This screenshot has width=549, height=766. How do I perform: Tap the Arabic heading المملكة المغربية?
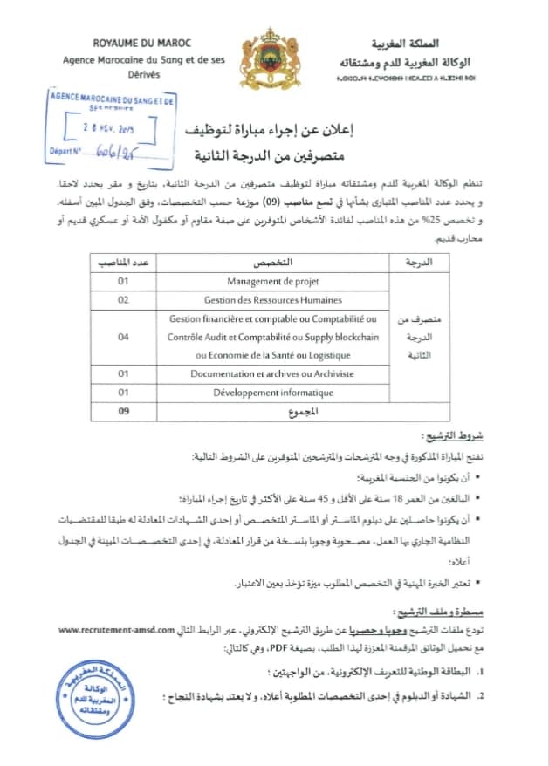pos(409,44)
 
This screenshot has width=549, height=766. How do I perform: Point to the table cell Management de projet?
pos(273,282)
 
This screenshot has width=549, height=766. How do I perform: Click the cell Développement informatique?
pos(273,393)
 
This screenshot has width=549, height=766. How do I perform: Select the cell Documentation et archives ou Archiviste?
pos(273,373)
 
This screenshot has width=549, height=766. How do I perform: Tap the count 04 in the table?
pos(122,337)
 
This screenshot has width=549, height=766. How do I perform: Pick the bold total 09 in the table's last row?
pos(122,411)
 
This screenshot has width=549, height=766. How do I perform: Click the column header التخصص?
pos(273,263)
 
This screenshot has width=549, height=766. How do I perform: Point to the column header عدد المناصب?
pos(123,263)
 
